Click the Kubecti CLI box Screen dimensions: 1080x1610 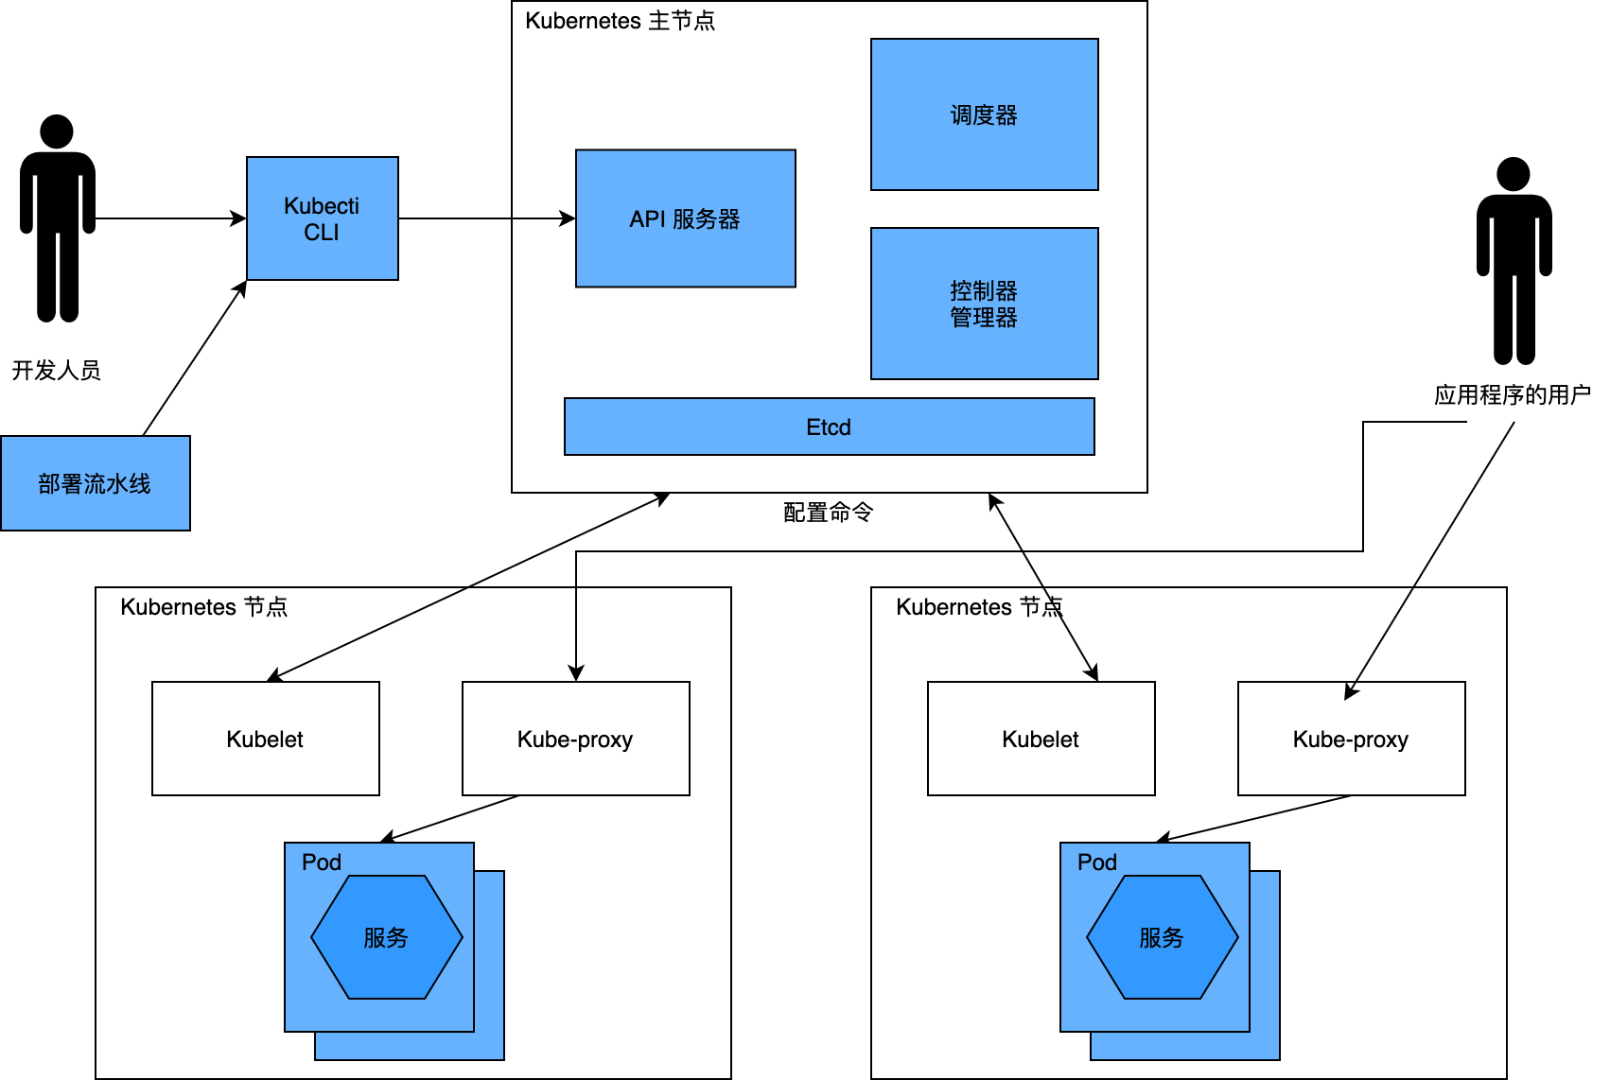point(322,218)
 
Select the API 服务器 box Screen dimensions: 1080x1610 point(685,218)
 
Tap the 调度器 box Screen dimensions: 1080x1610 point(984,114)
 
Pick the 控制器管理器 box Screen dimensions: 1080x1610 point(984,304)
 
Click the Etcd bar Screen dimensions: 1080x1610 point(829,427)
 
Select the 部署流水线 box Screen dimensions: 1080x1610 point(95,483)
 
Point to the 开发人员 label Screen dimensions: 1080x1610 point(56,370)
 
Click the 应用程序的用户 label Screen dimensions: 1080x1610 point(1512,394)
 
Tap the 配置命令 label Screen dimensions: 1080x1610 point(828,512)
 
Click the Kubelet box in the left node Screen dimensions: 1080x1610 point(265,739)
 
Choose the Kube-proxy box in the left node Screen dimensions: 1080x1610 point(575,739)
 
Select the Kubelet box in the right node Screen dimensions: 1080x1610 point(1041,739)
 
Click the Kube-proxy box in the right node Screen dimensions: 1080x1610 point(1351,739)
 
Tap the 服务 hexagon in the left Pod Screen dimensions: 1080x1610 point(386,937)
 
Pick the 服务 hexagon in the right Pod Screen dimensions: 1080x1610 point(1162,937)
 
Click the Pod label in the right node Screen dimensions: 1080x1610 point(1096,862)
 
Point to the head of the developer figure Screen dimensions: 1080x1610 point(57,131)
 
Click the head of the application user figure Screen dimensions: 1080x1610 point(1514,174)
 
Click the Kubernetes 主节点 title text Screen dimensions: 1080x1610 point(620,21)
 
